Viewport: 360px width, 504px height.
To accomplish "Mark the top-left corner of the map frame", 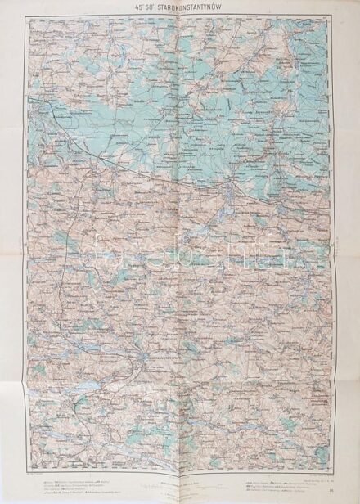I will tap(28, 18).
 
